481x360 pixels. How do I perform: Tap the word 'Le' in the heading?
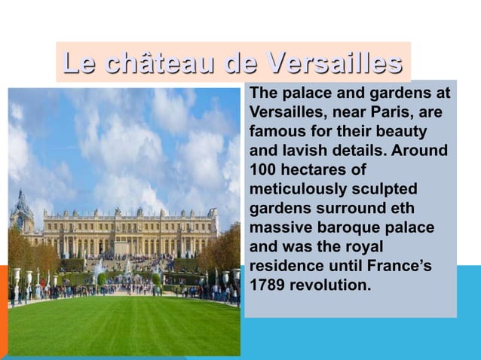pyautogui.click(x=79, y=63)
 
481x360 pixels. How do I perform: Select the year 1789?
pyautogui.click(x=266, y=285)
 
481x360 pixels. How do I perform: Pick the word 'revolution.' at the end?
pyautogui.click(x=330, y=285)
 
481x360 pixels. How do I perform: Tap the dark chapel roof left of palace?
pyautogui.click(x=22, y=205)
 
